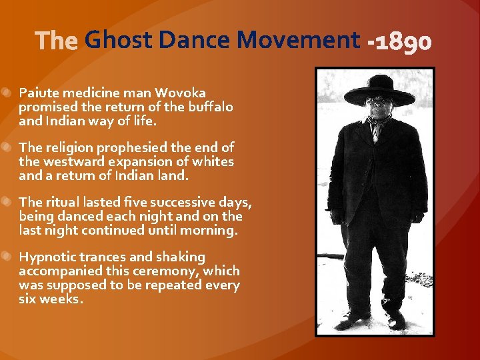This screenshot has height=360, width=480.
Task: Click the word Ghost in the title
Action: click(118, 41)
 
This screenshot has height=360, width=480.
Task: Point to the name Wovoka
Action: click(181, 93)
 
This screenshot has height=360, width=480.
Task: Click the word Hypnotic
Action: click(45, 257)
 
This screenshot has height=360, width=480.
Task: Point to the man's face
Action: click(379, 109)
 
